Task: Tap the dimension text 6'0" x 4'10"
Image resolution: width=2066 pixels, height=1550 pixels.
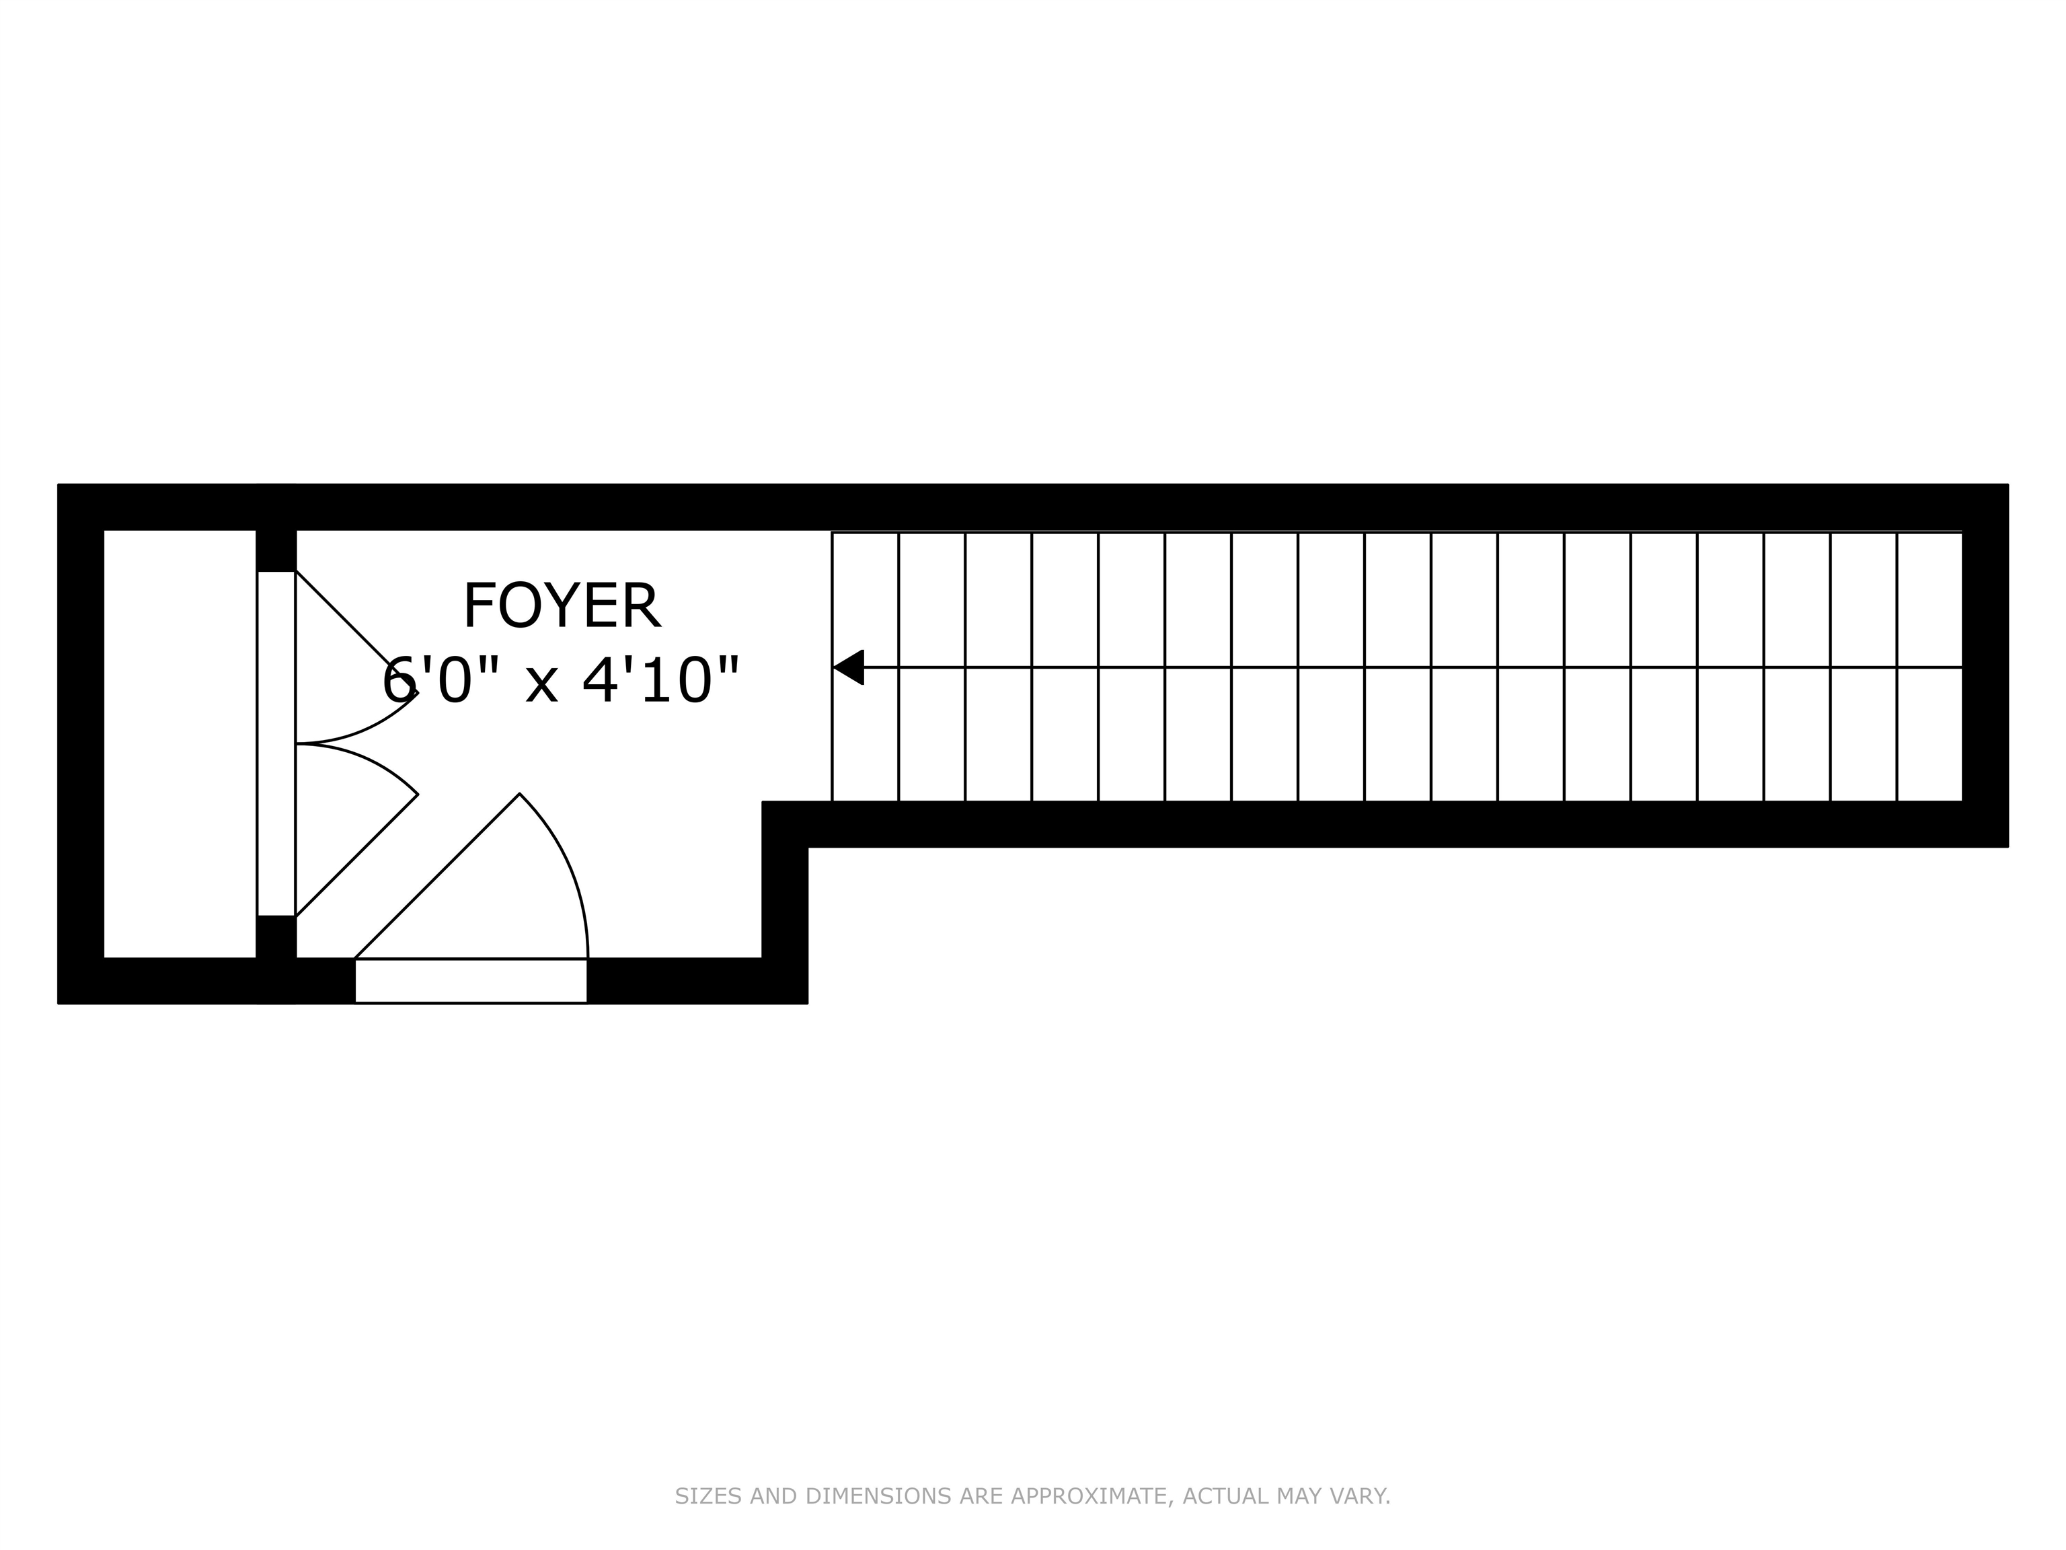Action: click(562, 680)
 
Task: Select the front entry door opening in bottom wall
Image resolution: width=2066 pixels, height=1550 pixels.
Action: click(471, 981)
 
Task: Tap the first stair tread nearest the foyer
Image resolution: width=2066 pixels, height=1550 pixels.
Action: click(865, 729)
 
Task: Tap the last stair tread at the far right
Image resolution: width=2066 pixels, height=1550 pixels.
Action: click(1929, 729)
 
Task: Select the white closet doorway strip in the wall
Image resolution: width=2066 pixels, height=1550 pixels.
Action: click(276, 743)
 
